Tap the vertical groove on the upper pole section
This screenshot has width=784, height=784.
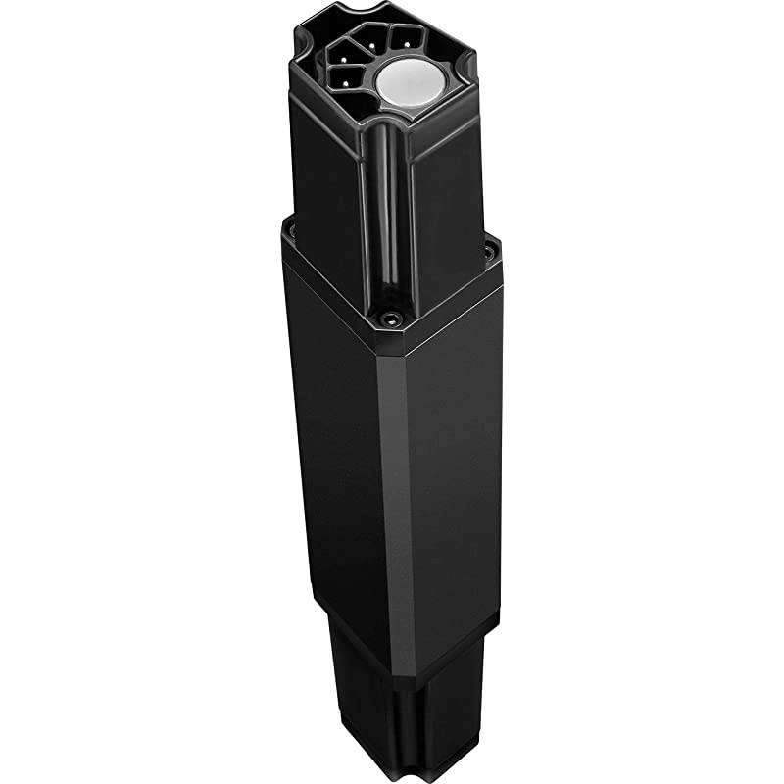pyautogui.click(x=390, y=216)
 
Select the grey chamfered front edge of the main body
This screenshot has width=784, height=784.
pyautogui.click(x=393, y=490)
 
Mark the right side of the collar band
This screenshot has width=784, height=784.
pyautogui.click(x=451, y=294)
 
